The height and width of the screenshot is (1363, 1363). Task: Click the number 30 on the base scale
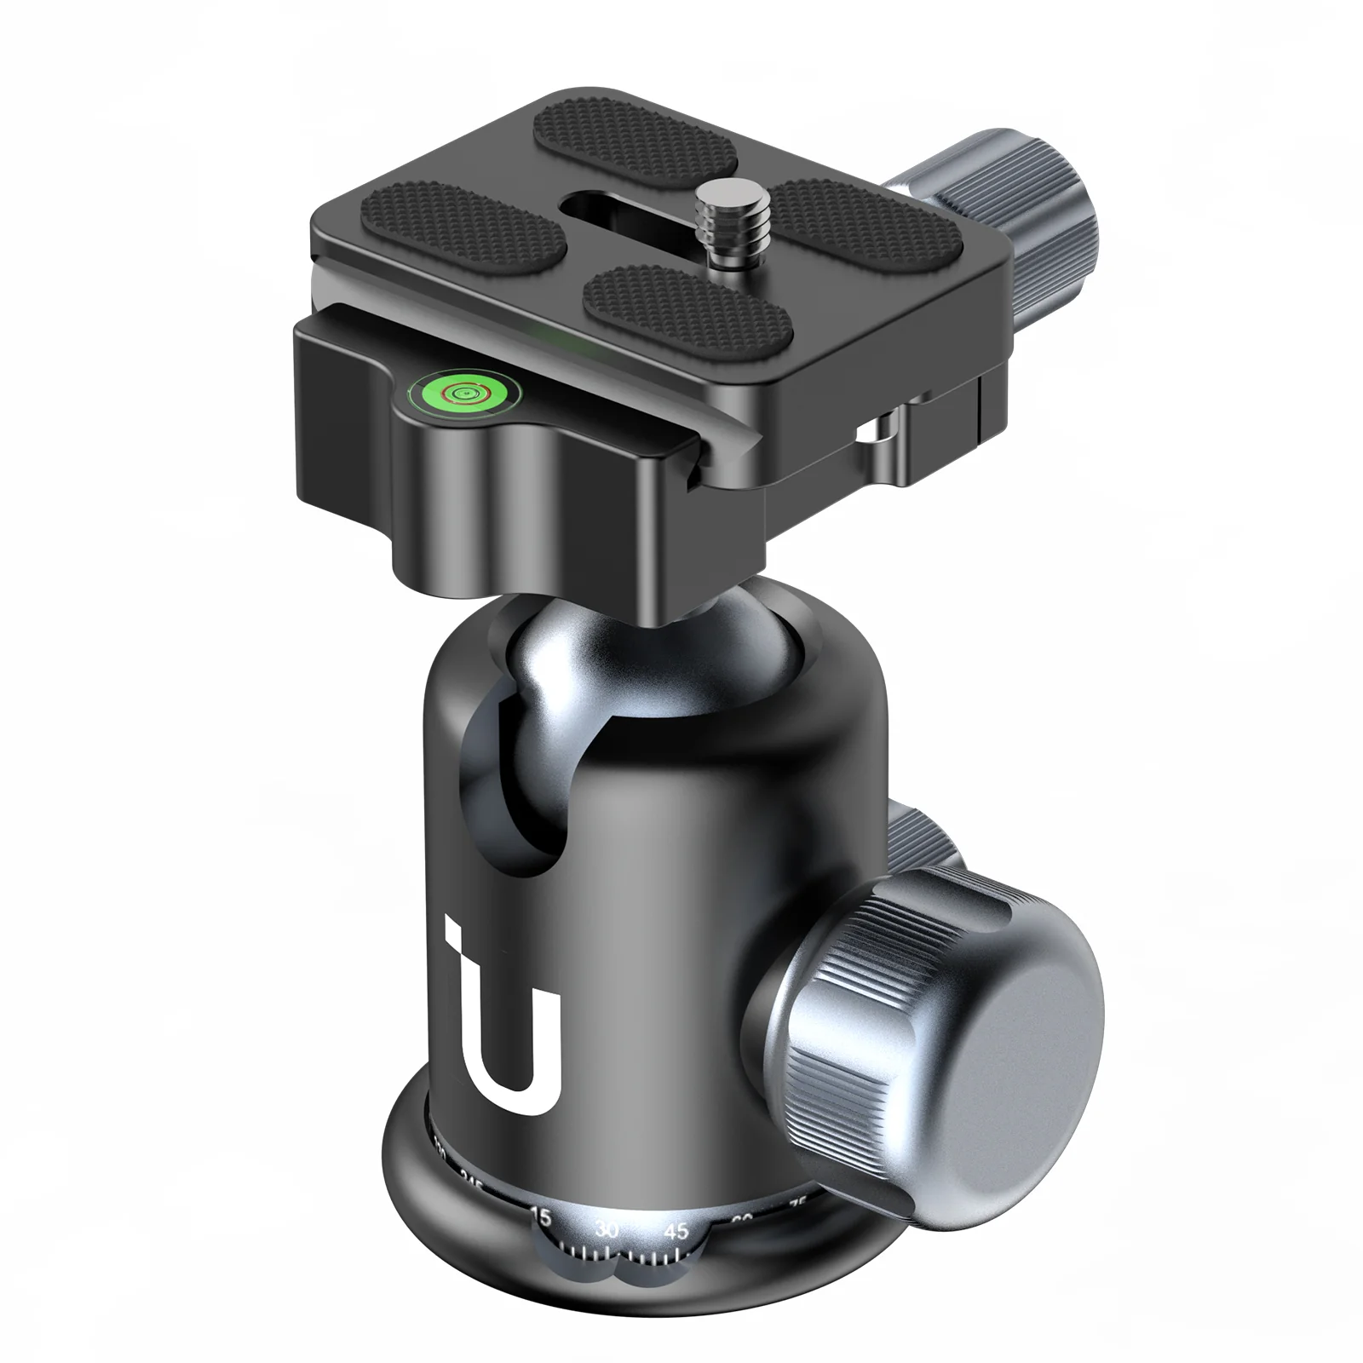607,1229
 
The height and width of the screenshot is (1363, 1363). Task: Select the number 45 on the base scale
677,1231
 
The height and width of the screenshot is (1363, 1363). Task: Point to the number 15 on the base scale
539,1216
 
